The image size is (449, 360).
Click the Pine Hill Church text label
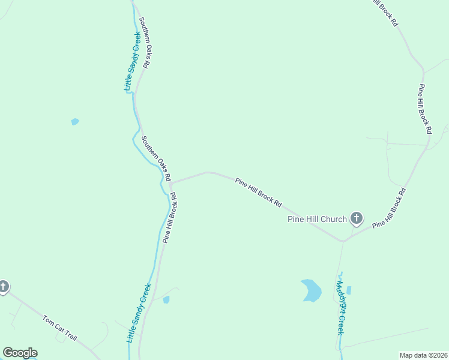318,219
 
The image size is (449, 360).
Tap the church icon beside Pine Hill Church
357,218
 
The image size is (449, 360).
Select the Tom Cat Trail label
60,328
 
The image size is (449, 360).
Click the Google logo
20,353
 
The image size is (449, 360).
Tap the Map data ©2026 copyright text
423,355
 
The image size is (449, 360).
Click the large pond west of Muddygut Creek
311,290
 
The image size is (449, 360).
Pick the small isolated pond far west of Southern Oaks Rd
75,122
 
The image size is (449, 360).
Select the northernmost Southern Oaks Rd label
144,42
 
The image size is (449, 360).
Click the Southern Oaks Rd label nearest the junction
156,158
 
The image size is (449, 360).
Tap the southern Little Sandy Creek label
139,313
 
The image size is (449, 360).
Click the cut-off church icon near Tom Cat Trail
3,287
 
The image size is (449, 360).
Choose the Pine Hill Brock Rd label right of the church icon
389,208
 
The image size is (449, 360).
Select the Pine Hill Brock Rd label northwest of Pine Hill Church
258,192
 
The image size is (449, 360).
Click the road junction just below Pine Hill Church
343,241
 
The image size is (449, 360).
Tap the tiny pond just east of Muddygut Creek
349,290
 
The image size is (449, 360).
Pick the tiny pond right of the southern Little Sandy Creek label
166,299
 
